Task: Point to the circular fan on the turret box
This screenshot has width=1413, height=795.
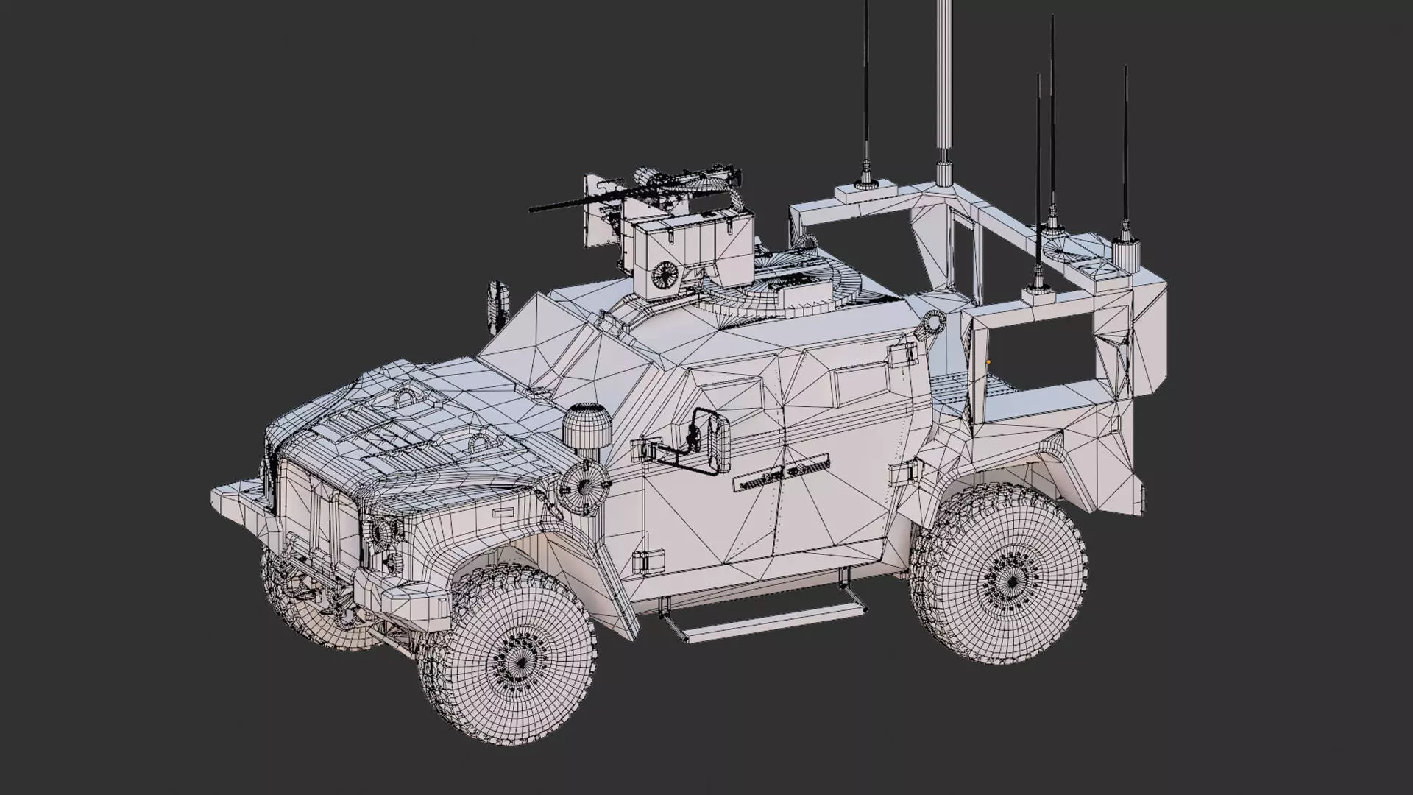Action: coord(665,274)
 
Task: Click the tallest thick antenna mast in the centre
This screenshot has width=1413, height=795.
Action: coord(942,88)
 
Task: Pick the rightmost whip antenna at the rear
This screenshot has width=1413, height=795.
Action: coord(1125,147)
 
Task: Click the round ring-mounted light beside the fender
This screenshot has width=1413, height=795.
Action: coord(584,487)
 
